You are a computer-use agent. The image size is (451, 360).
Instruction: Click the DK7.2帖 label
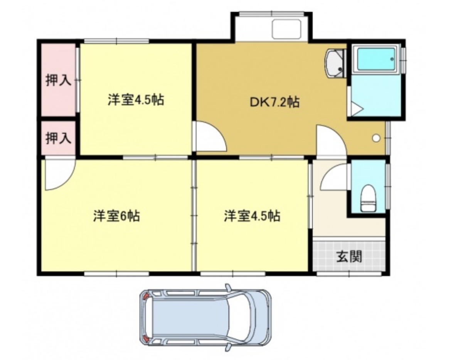274,102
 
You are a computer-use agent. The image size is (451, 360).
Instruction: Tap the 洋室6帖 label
116,216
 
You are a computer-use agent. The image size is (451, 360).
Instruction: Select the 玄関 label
349,256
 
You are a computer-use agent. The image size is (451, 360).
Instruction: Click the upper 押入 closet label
58,80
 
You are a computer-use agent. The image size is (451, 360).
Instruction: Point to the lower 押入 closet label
58,138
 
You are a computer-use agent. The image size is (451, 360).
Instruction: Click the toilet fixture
368,198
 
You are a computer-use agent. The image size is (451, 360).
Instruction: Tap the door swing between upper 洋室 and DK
208,137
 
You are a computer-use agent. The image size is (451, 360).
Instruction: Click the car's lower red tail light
146,338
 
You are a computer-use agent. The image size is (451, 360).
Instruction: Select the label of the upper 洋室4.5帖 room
136,100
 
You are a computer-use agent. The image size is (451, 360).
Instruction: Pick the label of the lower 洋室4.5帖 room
252,216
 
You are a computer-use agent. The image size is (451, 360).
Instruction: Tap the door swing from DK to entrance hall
330,141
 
